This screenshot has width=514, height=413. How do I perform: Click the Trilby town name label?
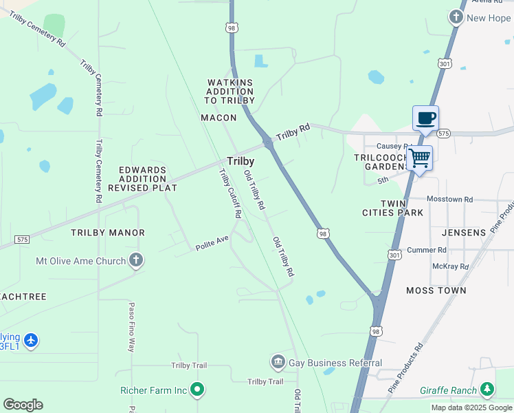[x=241, y=161]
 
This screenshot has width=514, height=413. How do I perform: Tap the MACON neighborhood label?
[x=219, y=118]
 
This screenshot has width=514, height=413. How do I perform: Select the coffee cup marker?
[x=425, y=118]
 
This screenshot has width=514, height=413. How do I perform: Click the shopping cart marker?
[x=419, y=158]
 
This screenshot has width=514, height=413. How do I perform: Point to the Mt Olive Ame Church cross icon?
[x=136, y=261]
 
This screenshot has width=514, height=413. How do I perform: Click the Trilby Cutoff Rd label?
[x=230, y=193]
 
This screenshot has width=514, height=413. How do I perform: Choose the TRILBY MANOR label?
[x=108, y=233]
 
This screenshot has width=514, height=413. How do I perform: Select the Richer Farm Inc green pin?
[x=197, y=390]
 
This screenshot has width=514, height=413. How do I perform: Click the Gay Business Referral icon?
[x=278, y=362]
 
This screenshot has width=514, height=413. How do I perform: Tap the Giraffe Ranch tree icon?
[x=487, y=390]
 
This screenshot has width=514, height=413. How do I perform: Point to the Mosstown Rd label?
[x=450, y=199]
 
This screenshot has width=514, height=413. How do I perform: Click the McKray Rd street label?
[x=450, y=266]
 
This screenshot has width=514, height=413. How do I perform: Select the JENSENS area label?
[x=463, y=233]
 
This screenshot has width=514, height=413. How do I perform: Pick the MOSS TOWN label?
[x=436, y=290]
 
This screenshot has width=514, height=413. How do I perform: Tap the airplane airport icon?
[x=30, y=340]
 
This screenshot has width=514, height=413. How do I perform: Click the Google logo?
[x=23, y=405]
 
